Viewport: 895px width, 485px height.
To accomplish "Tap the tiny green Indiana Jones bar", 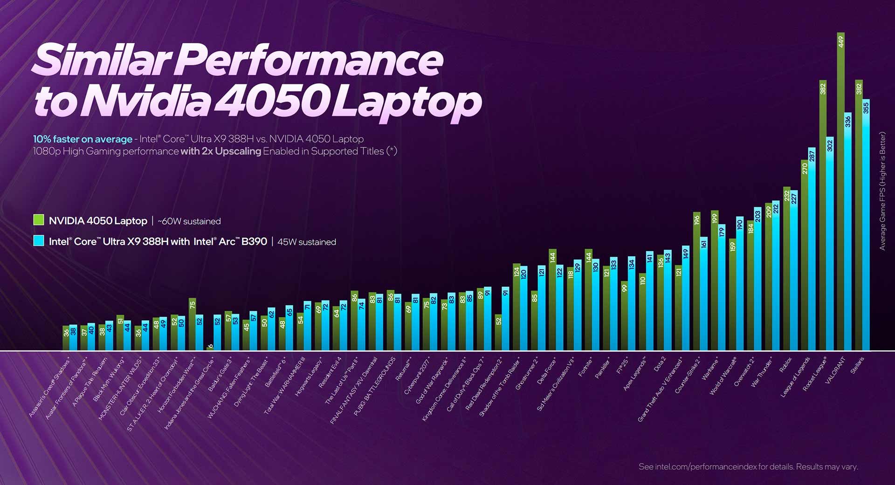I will tap(210, 347).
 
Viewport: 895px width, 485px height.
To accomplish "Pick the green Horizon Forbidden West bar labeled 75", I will tap(192, 324).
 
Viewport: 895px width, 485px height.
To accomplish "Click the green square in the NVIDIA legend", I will tap(39, 220).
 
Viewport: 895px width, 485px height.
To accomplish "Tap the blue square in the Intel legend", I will tap(39, 241).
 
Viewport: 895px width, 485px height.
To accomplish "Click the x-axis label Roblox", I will tap(786, 365).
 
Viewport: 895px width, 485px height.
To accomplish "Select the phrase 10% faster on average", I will tap(83, 139).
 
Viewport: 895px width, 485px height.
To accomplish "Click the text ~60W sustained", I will tap(189, 221).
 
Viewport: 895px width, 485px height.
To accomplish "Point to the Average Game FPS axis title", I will tap(882, 191).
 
